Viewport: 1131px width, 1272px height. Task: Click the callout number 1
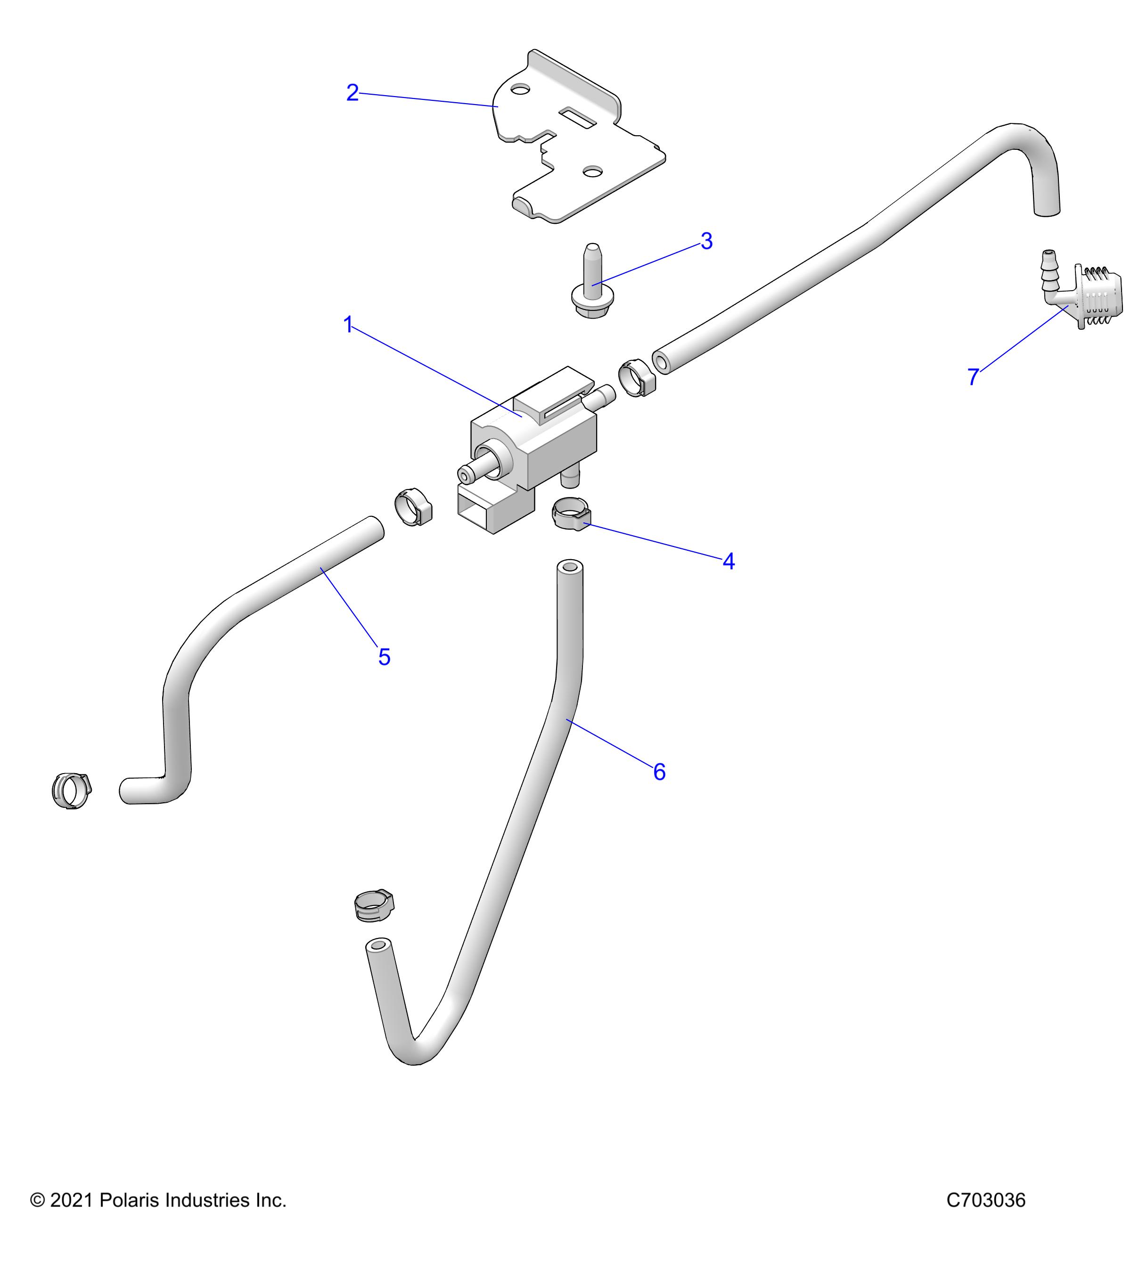tap(348, 324)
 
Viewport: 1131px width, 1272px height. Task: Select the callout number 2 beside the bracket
tap(352, 93)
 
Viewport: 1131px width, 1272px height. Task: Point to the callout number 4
tap(728, 561)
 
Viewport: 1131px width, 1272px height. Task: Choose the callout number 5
tap(384, 657)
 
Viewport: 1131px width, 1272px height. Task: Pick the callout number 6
tap(659, 772)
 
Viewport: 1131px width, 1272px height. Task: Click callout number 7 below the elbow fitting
tap(974, 376)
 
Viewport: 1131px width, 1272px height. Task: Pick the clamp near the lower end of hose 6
tap(374, 905)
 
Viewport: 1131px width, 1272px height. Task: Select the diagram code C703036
tap(985, 1200)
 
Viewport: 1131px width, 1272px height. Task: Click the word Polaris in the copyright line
tap(131, 1200)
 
